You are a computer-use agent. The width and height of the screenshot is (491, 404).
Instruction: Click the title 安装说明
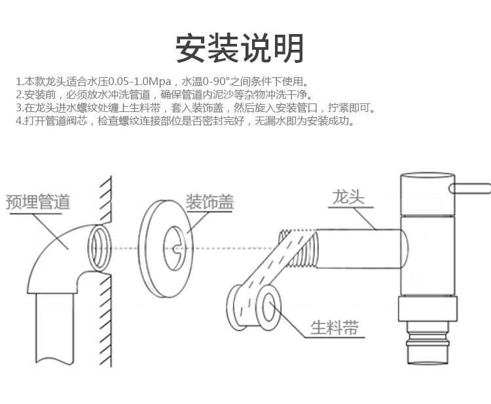[x=240, y=48]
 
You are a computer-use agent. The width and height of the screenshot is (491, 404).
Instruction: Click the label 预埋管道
[x=38, y=201]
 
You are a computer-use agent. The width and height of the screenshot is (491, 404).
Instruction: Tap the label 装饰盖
[x=209, y=201]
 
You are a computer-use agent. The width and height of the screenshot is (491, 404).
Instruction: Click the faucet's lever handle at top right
[x=469, y=189]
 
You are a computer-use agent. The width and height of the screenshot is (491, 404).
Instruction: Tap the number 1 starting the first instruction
[x=18, y=82]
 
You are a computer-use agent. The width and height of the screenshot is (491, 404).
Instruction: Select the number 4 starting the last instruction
[x=18, y=121]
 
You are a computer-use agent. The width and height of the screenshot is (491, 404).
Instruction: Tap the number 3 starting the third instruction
[x=18, y=108]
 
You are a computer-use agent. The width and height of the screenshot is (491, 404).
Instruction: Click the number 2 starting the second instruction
[x=18, y=95]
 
